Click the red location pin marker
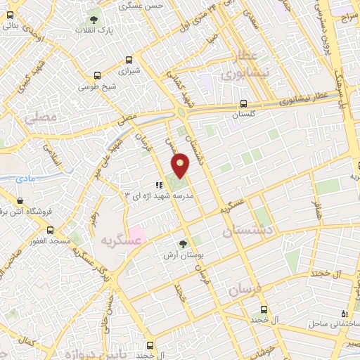[181, 165]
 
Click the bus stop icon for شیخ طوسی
[97, 75]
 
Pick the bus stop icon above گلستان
[243, 102]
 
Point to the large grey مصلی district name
[40, 119]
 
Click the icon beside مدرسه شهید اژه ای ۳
[148, 185]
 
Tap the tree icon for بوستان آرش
[184, 244]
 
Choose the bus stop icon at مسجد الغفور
[50, 230]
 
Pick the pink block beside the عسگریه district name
[136, 231]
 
